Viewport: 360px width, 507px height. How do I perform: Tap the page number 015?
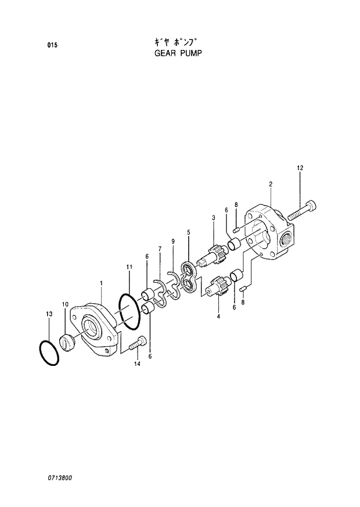(52, 45)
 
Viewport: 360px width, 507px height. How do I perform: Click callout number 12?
(300, 168)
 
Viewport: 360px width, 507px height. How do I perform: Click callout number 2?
(271, 184)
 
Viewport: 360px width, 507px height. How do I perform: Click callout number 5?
(188, 232)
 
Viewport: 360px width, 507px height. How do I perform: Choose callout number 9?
(172, 241)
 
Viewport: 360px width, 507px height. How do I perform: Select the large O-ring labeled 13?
(49, 351)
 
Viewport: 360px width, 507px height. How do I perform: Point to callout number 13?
(49, 314)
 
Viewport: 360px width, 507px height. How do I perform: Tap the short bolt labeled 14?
(134, 345)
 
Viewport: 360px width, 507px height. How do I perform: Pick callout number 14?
(137, 364)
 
